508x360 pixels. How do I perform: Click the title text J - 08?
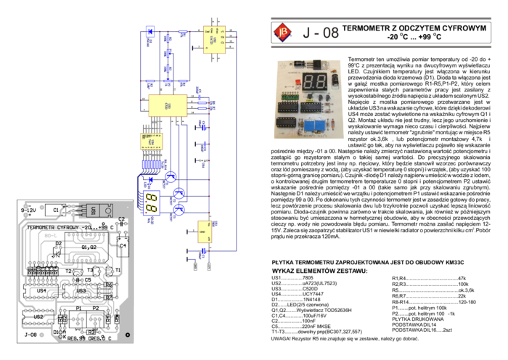tap(320, 33)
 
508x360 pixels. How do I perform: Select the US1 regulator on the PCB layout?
tap(94, 210)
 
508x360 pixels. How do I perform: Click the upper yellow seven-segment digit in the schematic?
tap(152, 197)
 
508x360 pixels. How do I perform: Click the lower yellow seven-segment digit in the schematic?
tap(152, 208)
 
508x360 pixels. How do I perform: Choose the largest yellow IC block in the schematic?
tap(168, 106)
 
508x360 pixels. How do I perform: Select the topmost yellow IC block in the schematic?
tap(214, 40)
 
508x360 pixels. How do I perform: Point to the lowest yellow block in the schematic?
tap(205, 232)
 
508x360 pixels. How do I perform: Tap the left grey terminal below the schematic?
tap(196, 266)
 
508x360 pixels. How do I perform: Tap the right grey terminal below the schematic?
tap(209, 266)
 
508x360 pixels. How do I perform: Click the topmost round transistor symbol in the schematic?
tap(172, 176)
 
